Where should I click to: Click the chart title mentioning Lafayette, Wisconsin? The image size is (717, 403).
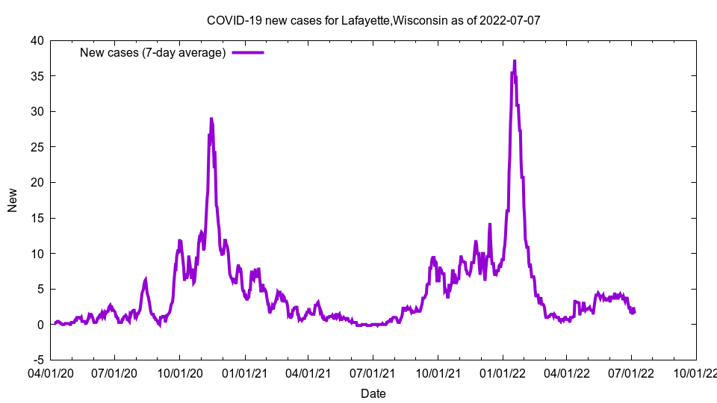373,21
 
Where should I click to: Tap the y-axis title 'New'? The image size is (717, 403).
13,200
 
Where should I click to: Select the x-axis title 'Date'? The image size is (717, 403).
373,393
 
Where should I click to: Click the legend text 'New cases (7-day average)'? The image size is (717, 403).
153,52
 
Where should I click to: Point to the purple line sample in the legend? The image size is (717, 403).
248,52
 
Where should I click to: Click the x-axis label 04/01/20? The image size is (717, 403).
50,372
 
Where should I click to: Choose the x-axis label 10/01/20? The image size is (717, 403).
179,372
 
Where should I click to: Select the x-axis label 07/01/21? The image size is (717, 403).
373,372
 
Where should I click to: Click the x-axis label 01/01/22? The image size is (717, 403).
503,372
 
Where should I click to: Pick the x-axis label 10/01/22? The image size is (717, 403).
696,372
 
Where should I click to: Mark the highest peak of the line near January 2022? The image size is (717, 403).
514,61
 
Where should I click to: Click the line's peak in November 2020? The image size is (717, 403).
211,118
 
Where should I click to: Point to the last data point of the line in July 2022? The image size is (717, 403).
634,311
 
